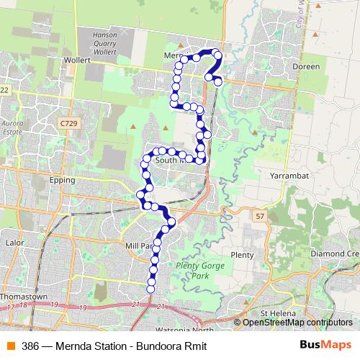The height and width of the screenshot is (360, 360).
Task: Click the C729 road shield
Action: tap(68, 124)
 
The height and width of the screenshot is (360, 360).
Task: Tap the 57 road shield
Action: tap(260, 215)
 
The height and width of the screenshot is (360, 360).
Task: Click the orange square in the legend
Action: tap(10, 346)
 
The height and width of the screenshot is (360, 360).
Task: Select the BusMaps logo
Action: tap(325, 346)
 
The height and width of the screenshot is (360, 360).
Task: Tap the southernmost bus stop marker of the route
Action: tap(151, 289)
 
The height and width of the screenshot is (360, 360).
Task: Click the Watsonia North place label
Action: tap(191, 330)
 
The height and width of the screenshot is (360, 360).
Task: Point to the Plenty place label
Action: tap(242, 255)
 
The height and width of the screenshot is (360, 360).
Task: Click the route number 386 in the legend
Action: tap(30, 346)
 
